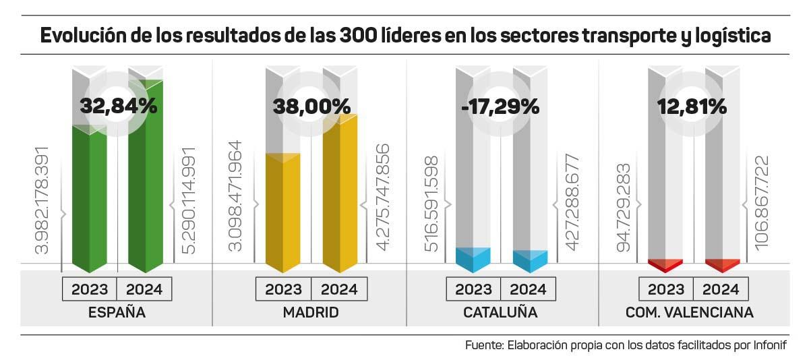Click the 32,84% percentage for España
coord(118,106)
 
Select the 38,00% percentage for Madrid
coord(311,106)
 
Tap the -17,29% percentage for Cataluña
coord(504,106)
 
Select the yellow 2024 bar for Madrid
coord(340,196)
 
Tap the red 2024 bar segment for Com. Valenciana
coord(723,265)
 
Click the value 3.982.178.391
coord(42,200)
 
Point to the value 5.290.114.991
coord(189,200)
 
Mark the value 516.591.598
coord(431,204)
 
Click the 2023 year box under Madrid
coord(283,289)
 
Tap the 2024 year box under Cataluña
coord(529,289)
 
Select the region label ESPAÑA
coord(117,313)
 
